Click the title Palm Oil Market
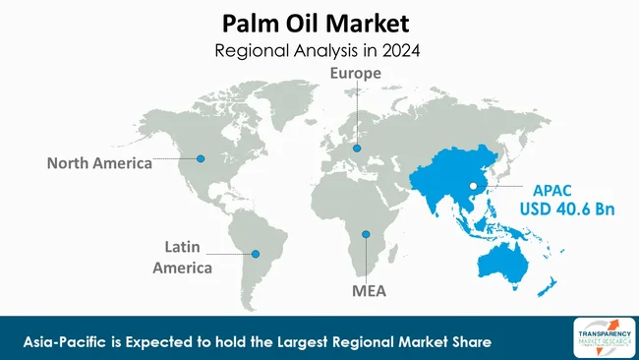pyautogui.click(x=319, y=21)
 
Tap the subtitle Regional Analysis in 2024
pyautogui.click(x=319, y=48)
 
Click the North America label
pyautogui.click(x=99, y=163)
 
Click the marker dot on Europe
pyautogui.click(x=357, y=150)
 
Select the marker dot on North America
pyautogui.click(x=201, y=158)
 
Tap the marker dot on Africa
pyautogui.click(x=366, y=234)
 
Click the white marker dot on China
pyautogui.click(x=472, y=185)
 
